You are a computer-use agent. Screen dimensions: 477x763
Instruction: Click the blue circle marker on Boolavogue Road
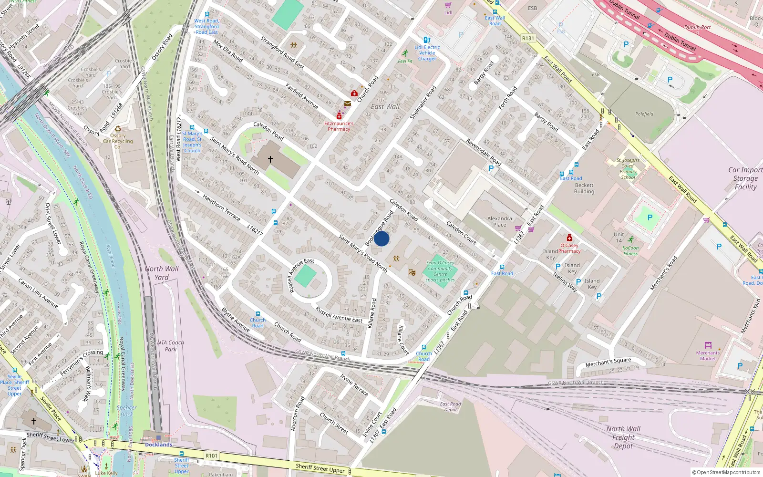click(381, 238)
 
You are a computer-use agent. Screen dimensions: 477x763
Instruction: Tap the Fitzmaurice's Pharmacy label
click(339, 126)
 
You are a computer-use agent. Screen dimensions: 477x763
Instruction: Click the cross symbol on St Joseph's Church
click(270, 159)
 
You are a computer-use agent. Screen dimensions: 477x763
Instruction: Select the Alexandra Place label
click(499, 221)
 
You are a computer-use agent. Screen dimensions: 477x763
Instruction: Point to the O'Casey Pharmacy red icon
click(569, 238)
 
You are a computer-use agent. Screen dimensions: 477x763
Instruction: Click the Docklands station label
click(158, 445)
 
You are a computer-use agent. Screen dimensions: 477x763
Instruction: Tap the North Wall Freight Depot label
click(623, 437)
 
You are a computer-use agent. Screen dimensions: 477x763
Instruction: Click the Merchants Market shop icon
click(708, 345)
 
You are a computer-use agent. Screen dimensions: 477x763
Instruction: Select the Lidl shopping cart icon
click(448, 5)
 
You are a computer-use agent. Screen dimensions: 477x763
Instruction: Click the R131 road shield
click(528, 38)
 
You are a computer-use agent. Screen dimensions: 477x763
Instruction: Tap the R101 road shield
click(211, 456)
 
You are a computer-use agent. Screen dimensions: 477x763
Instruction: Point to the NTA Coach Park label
click(170, 346)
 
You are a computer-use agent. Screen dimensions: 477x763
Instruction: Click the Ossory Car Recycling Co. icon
click(118, 129)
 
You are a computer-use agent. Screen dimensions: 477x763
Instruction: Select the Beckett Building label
click(584, 188)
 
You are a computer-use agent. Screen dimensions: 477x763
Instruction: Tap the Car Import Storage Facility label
click(745, 178)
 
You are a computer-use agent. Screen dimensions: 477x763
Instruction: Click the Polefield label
click(644, 114)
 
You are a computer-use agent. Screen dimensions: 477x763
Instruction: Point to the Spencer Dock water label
click(126, 411)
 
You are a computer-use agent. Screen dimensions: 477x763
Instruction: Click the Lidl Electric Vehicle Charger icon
click(427, 40)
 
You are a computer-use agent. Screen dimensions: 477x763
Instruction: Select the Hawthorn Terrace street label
click(221, 207)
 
